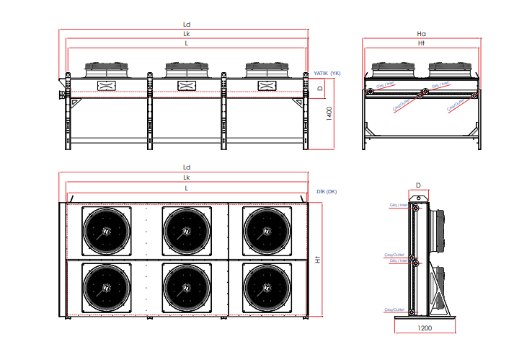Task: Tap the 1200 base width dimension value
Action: tap(425, 328)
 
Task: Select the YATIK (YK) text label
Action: tap(327, 73)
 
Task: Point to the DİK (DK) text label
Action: tap(327, 191)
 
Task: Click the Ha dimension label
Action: tap(422, 33)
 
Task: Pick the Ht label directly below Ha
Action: tap(422, 43)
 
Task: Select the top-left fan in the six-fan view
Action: tap(107, 231)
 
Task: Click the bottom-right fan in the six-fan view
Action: tap(267, 286)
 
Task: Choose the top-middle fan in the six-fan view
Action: tap(187, 231)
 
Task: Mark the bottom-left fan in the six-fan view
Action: tap(107, 286)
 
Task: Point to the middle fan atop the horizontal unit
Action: tap(187, 69)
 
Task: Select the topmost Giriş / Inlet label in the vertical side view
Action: tap(398, 205)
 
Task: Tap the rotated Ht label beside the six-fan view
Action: tap(318, 259)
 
